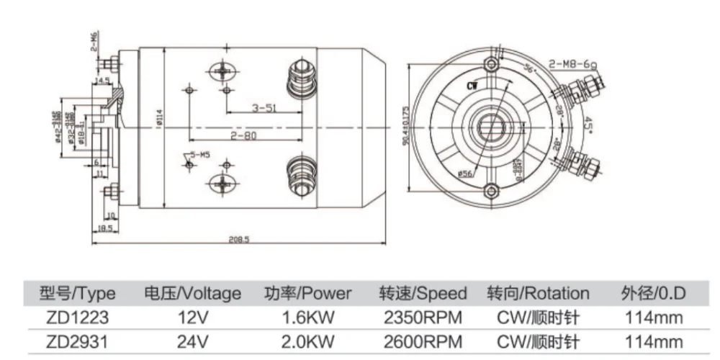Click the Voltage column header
pyautogui.click(x=192, y=294)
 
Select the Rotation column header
pyautogui.click(x=538, y=294)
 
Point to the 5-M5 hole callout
pyautogui.click(x=199, y=155)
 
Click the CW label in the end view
pyautogui.click(x=473, y=86)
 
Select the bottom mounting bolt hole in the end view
pyautogui.click(x=492, y=192)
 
